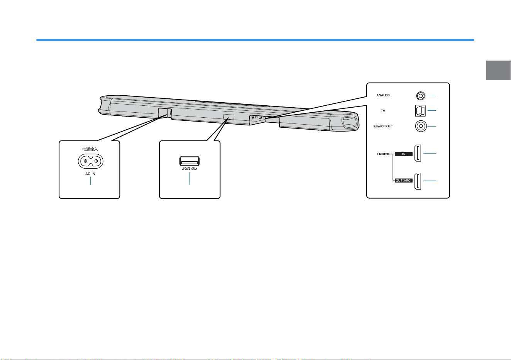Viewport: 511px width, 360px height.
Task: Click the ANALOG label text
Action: point(383,95)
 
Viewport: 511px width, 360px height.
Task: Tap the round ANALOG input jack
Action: point(420,96)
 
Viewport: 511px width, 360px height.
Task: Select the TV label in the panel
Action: point(383,111)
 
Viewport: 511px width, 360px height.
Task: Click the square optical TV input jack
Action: point(420,111)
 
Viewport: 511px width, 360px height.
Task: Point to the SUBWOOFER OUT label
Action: point(383,126)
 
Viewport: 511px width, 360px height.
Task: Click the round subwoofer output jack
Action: point(421,126)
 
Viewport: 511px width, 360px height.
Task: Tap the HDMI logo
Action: point(383,154)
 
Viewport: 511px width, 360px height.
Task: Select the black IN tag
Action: point(404,154)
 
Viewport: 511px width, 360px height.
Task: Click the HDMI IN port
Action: point(418,153)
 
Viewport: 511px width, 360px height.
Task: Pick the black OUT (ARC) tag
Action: point(404,181)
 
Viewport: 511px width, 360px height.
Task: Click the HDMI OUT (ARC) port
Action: point(418,181)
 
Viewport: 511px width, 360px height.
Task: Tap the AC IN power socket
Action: point(91,161)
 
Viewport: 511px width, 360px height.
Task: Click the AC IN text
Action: point(90,174)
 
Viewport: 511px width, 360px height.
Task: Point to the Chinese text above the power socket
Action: point(90,149)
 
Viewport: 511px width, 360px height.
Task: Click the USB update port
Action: point(190,161)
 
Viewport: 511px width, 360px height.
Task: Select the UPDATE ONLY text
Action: point(190,169)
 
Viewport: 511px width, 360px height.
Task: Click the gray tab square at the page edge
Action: point(498,70)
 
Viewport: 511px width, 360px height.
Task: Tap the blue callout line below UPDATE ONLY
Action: point(190,178)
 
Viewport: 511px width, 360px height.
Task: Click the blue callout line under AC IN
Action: point(91,181)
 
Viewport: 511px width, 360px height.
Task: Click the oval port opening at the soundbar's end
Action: point(349,122)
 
